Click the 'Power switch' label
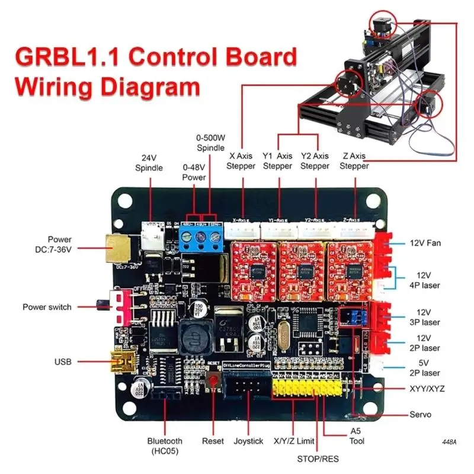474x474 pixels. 47,307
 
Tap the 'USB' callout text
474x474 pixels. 62,361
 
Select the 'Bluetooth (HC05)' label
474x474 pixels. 165,446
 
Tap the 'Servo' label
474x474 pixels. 420,414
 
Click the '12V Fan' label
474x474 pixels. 425,243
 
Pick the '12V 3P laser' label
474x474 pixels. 424,316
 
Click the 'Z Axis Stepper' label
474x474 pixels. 354,161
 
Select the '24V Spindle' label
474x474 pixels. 149,163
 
